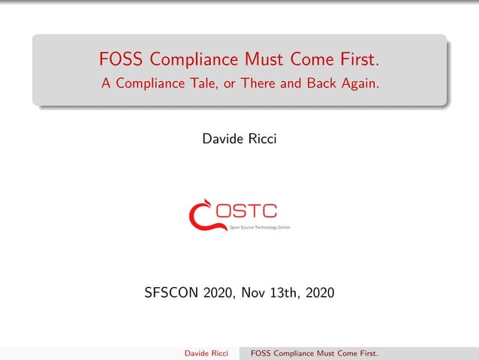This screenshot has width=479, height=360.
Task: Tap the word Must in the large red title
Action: (x=266, y=59)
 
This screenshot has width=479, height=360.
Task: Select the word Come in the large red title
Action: (x=314, y=59)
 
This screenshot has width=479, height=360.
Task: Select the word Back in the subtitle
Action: (x=323, y=83)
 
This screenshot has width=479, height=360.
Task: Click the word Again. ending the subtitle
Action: (x=361, y=83)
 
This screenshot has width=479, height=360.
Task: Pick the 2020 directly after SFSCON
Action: (x=218, y=292)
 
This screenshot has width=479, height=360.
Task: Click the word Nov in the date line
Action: (x=252, y=292)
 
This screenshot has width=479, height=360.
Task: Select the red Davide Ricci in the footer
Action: (x=206, y=352)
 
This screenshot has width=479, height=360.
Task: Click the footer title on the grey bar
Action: (x=314, y=352)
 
